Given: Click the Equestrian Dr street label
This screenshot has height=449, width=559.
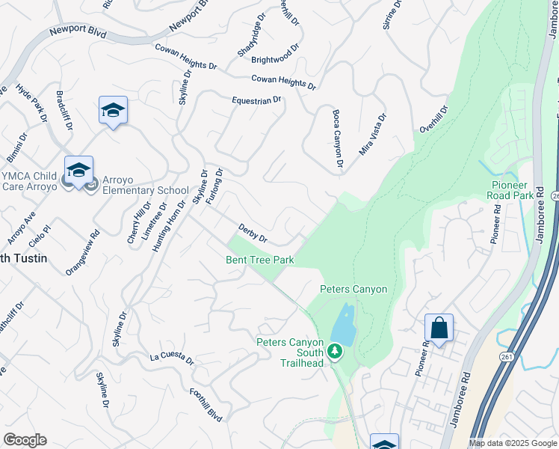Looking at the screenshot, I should (x=256, y=100).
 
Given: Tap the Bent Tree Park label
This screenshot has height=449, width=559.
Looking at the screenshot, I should (x=261, y=260).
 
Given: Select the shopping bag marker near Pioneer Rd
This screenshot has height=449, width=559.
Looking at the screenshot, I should (x=439, y=328).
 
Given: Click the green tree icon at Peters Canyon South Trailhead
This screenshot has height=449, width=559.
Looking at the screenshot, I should (x=335, y=351).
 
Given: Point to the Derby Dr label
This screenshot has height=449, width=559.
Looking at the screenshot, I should (x=253, y=234).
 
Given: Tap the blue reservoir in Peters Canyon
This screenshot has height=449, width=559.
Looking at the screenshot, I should (x=342, y=323).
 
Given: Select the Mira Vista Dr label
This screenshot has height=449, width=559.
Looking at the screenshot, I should (x=373, y=135).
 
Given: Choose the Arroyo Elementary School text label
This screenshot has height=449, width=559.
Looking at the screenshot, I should (x=142, y=190).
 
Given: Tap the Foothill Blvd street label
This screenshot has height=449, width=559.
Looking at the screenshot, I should (x=206, y=404).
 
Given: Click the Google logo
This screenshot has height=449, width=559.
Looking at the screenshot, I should (x=25, y=440).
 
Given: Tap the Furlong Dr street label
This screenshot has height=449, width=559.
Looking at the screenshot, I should (x=215, y=188).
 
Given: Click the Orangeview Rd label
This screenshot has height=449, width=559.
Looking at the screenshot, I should (x=82, y=254).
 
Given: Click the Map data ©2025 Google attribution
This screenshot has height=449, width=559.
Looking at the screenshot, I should (x=512, y=443).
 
